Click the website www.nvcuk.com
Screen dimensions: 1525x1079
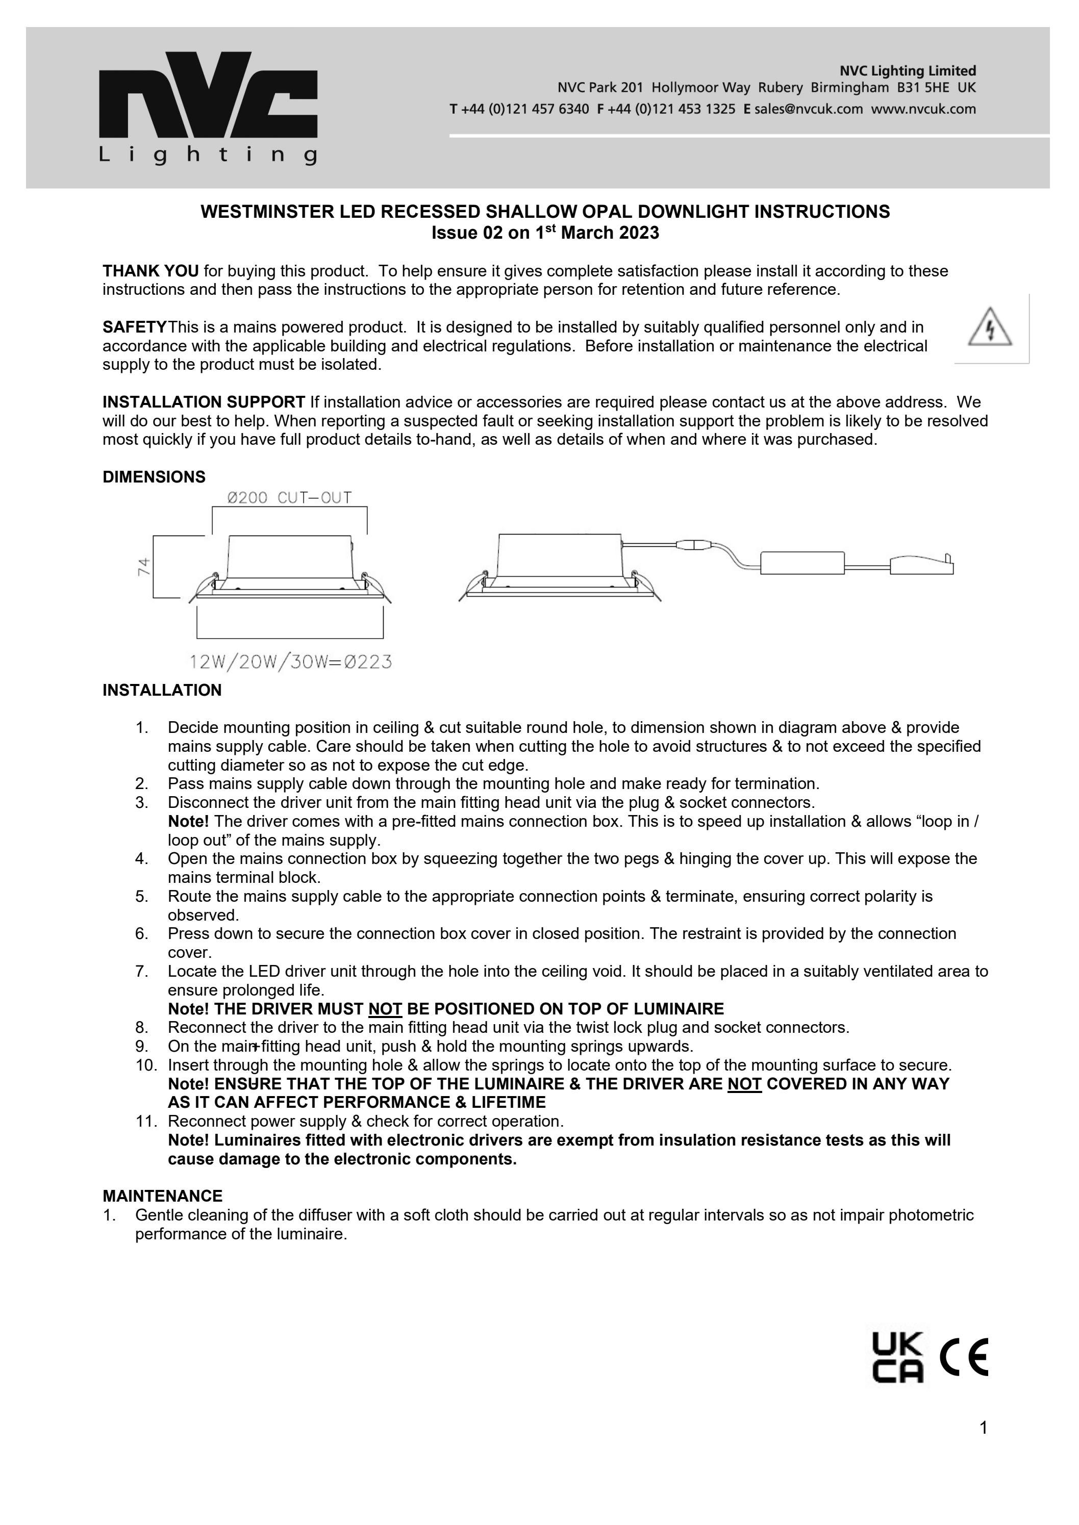[923, 109]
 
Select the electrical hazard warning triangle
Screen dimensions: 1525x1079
[990, 327]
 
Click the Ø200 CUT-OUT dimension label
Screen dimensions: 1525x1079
[289, 497]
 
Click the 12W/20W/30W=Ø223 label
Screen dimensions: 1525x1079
[290, 662]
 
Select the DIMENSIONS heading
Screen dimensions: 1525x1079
[154, 477]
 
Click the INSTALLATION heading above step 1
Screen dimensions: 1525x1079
[161, 690]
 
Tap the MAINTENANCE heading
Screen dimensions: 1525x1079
[162, 1196]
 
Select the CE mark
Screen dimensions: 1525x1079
[964, 1358]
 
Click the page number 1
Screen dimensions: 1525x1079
[983, 1446]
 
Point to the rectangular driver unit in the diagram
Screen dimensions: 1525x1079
[802, 563]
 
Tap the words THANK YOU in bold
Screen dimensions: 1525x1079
[150, 271]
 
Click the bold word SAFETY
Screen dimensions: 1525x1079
[134, 327]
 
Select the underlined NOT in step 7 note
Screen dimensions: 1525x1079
[385, 1009]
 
